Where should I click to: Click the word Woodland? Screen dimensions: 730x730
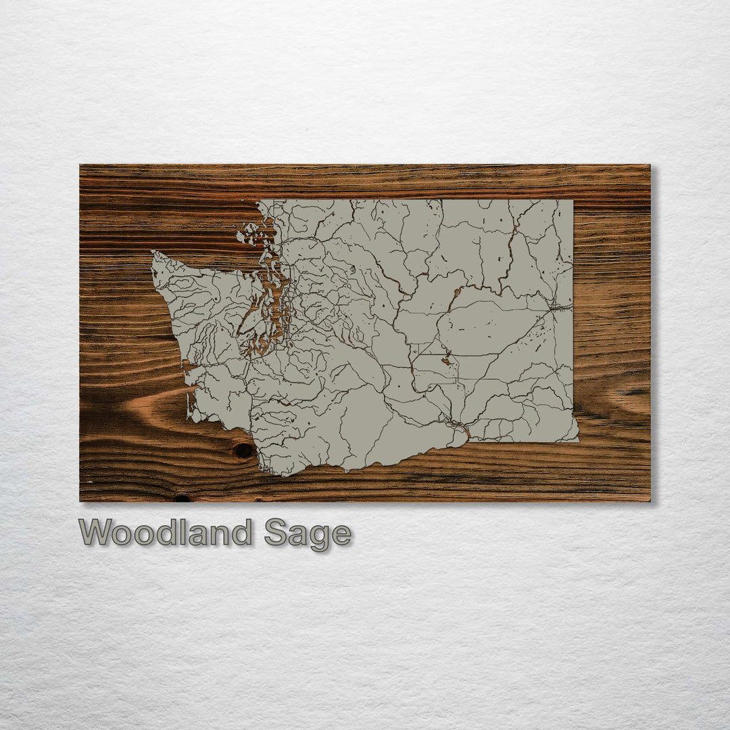(165, 533)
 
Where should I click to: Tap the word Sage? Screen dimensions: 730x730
(308, 534)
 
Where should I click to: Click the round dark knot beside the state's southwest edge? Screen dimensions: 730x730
(243, 450)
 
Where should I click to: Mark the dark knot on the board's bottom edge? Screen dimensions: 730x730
(182, 499)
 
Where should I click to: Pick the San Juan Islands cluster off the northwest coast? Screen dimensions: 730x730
(249, 235)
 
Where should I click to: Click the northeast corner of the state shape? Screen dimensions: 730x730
(573, 200)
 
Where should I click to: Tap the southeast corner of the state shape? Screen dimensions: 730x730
(578, 441)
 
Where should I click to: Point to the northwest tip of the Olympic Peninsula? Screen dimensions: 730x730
(154, 254)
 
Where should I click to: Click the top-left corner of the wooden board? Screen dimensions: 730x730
(80, 165)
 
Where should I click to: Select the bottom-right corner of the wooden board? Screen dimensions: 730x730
(650, 501)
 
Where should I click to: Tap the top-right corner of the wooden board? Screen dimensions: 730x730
(650, 165)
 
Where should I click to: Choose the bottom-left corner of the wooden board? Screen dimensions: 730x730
(80, 501)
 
